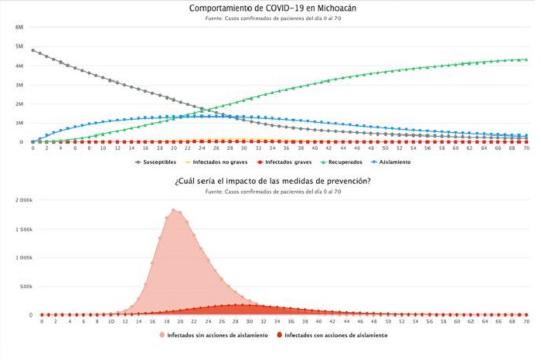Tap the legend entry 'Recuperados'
(348, 162)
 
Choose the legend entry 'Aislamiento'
(395, 162)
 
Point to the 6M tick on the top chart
(19, 27)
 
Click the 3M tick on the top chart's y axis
(19, 84)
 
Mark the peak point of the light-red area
(175, 209)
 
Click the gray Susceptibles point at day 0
(32, 50)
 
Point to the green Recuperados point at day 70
(526, 59)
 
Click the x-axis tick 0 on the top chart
(32, 148)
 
